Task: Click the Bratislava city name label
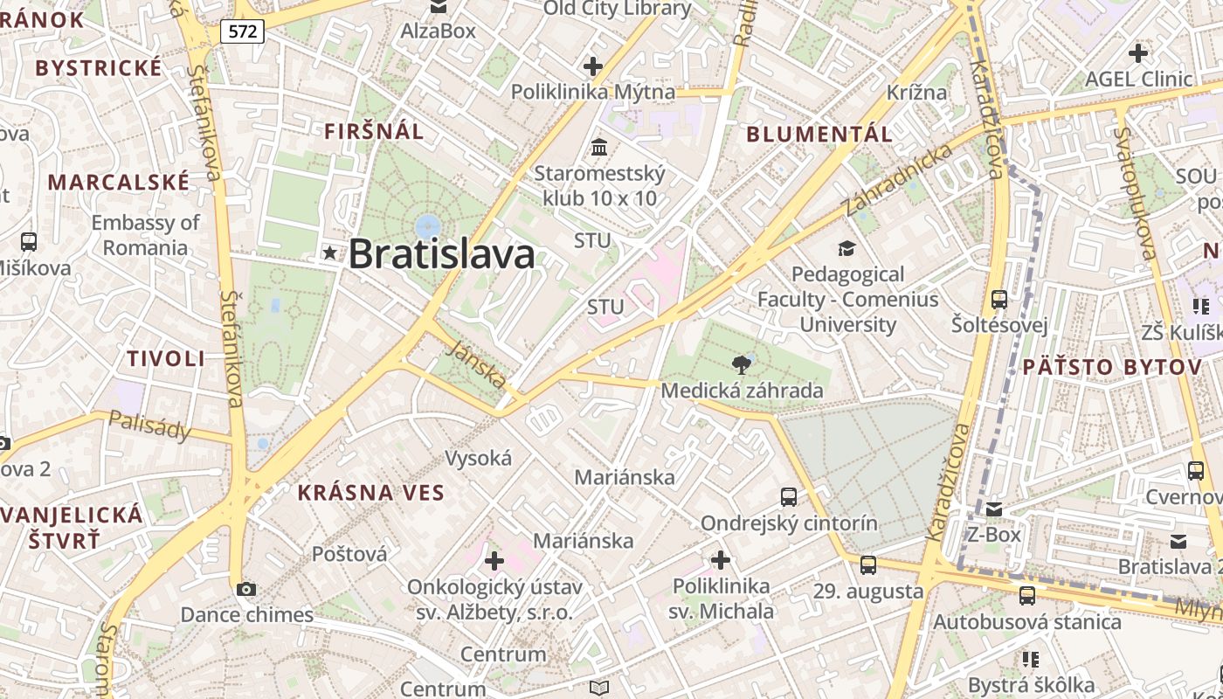[x=441, y=254]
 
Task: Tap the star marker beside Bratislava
[x=329, y=253]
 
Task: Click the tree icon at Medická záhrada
[x=742, y=364]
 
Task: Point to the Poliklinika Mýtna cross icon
[x=593, y=66]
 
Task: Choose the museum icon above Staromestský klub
[x=599, y=147]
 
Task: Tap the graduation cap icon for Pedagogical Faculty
[x=846, y=249]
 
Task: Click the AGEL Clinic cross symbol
[x=1137, y=53]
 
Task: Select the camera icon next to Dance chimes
[x=246, y=589]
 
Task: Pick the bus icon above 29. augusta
[x=867, y=564]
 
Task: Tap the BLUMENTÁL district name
[x=819, y=135]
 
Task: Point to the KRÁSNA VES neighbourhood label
[x=371, y=493]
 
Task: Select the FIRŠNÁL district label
[x=374, y=132]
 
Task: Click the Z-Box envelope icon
[x=993, y=509]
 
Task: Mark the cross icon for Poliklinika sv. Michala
[x=721, y=559]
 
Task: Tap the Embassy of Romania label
[x=145, y=235]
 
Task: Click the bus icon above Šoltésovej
[x=999, y=300]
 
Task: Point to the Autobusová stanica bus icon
[x=1027, y=596]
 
